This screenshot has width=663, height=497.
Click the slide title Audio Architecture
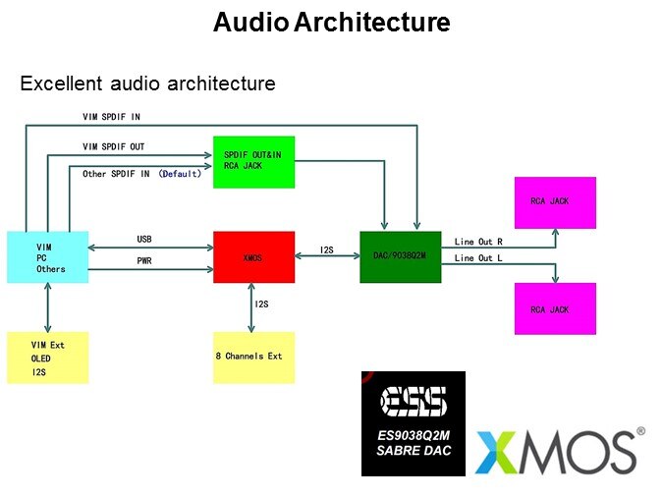coord(331,23)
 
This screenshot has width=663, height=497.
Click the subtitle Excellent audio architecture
coord(147,83)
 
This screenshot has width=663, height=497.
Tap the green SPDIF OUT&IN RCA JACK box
coord(253,161)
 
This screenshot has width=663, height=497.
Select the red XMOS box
coord(253,256)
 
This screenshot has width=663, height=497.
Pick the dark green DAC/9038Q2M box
coord(401,256)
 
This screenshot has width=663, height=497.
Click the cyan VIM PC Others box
coord(47,257)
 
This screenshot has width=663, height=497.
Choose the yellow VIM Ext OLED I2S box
coord(47,357)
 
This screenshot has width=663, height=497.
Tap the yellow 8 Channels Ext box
coord(253,357)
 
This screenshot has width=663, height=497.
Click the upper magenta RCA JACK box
coord(555,203)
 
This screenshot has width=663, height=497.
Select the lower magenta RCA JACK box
coord(555,308)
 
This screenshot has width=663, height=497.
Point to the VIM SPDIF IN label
coord(111,117)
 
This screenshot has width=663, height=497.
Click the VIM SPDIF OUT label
coord(114,146)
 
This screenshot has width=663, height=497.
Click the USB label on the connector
coord(144,240)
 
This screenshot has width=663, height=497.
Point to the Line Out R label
coord(478,241)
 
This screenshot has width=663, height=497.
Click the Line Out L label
coord(478,258)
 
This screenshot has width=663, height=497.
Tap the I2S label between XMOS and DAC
coord(327,250)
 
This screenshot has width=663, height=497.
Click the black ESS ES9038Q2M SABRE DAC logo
coord(414,423)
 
